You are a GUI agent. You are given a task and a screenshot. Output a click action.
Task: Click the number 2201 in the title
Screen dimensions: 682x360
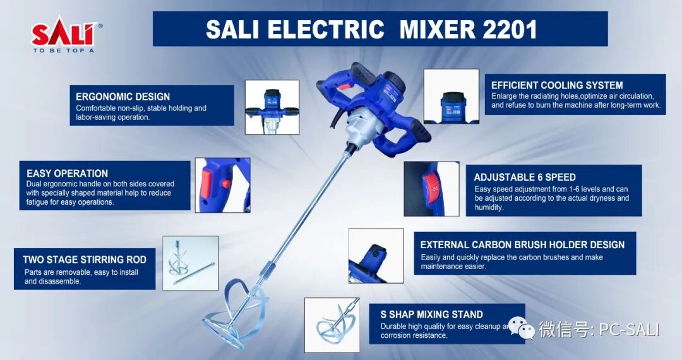[510, 30]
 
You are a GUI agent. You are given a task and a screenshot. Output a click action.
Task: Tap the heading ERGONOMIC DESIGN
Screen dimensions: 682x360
[123, 97]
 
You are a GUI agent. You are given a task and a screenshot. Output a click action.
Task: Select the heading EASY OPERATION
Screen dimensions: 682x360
[67, 173]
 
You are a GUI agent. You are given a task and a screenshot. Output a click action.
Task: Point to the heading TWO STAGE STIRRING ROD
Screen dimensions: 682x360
[85, 260]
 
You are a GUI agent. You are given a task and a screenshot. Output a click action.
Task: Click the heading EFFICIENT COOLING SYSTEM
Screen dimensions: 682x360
[557, 85]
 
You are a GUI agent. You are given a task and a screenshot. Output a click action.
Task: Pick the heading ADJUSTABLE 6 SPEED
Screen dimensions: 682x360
[525, 177]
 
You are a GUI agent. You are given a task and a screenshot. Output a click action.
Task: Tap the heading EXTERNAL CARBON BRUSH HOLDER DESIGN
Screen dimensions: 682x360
[522, 245]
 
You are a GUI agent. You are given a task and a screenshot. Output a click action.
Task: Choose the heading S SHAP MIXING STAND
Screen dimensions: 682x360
[431, 315]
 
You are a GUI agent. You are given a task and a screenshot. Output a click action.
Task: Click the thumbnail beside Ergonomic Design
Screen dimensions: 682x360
[272, 107]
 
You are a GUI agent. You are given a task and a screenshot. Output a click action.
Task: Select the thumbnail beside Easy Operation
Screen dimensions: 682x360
[223, 185]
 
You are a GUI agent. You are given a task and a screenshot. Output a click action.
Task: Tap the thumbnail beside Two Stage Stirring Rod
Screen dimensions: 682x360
[191, 263]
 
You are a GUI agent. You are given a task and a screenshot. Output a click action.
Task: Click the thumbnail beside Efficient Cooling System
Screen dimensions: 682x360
[452, 96]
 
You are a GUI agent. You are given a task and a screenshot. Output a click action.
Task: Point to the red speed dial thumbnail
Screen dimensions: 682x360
[431, 189]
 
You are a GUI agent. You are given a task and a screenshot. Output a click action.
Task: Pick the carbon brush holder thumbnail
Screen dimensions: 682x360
[376, 256]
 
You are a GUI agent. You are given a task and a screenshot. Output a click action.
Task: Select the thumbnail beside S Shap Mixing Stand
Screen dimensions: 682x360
[332, 325]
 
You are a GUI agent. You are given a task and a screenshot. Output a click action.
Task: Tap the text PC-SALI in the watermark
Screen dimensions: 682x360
[629, 330]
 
